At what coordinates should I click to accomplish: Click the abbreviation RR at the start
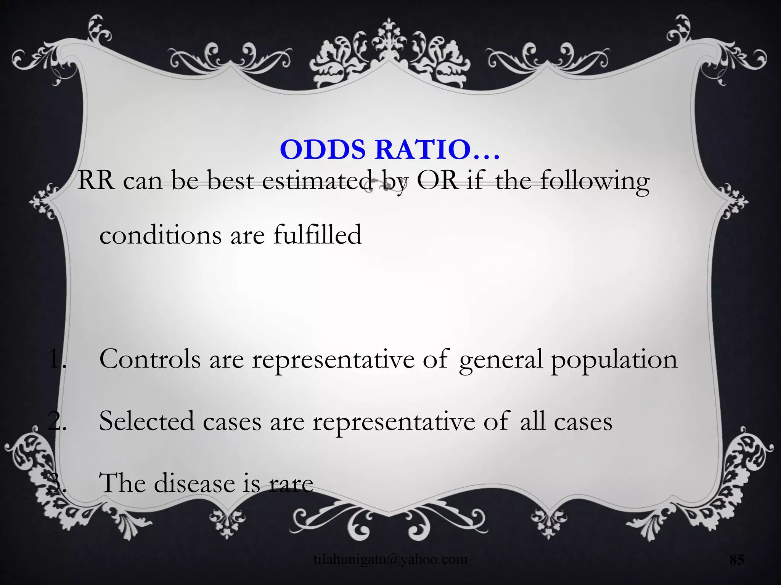pos(96,181)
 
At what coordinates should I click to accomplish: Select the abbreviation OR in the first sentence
pos(437,181)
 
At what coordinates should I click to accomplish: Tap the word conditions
pos(160,235)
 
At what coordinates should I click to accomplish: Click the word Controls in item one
pos(150,359)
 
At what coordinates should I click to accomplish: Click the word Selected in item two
pos(146,422)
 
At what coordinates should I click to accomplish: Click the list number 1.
pos(57,359)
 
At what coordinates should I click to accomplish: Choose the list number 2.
pos(57,422)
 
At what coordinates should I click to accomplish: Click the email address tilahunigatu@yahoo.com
pos(390,559)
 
